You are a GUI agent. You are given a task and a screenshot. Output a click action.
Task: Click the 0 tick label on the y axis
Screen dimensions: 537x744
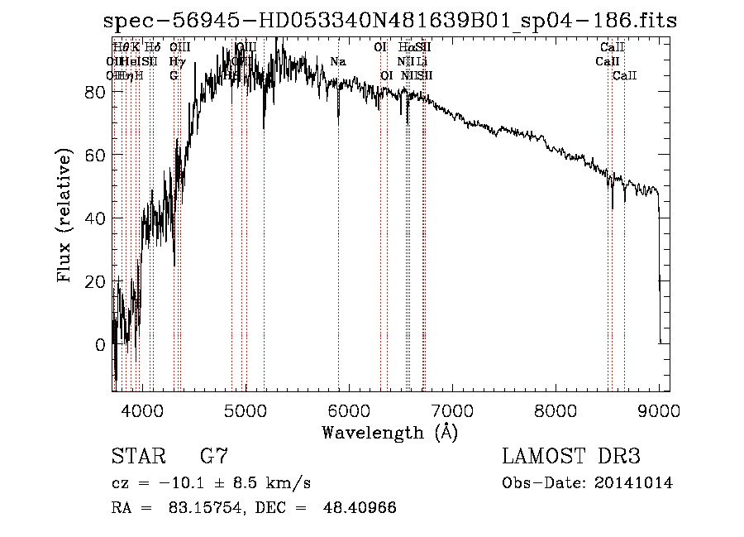point(101,344)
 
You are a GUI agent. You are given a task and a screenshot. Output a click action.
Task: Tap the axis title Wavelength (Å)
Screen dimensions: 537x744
point(389,432)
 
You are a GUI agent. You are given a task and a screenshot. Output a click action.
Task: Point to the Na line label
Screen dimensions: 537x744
point(338,62)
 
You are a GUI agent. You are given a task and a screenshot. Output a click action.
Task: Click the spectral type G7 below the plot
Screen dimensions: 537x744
point(214,457)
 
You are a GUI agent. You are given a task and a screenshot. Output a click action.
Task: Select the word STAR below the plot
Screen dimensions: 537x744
point(136,457)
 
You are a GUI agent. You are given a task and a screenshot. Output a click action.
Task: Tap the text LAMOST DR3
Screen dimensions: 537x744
point(571,457)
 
